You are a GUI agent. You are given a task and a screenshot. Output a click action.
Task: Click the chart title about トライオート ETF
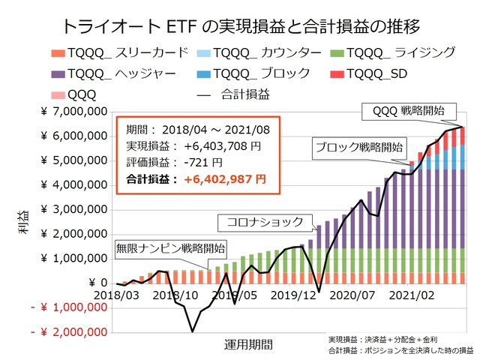(x=239, y=28)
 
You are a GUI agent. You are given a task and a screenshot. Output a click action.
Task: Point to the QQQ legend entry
(x=75, y=94)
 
